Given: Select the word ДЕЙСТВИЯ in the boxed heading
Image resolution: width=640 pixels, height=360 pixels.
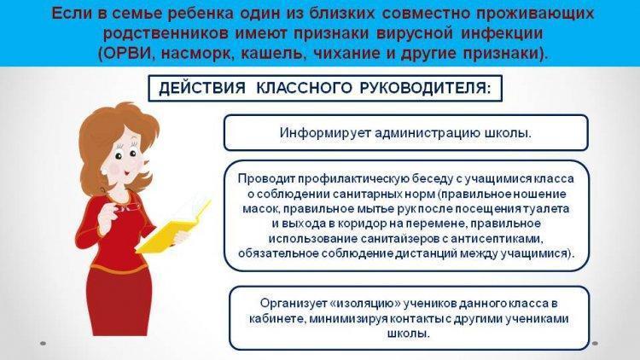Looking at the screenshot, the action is (x=202, y=88).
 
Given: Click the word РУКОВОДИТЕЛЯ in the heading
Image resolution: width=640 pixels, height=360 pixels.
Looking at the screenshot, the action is (x=425, y=88).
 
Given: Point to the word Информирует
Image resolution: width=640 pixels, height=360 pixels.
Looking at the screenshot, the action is (x=325, y=133).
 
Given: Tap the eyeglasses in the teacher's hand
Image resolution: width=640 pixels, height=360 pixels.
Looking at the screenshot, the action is (x=125, y=204).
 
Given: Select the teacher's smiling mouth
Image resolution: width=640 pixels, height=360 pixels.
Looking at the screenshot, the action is (x=126, y=172).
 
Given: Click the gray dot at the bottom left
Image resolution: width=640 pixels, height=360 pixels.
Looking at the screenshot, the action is (x=43, y=344).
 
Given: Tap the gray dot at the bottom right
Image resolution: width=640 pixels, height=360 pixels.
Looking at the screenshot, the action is (x=595, y=344).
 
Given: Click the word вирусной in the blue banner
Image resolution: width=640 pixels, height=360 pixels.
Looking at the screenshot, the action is (x=415, y=33).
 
